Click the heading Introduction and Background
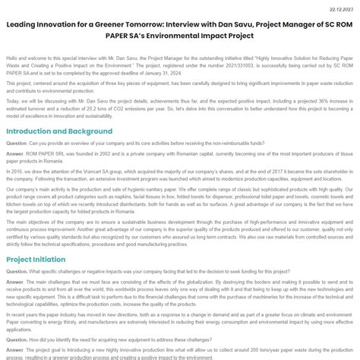(59, 131)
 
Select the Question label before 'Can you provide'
(17, 142)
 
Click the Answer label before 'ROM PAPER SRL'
(15, 153)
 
